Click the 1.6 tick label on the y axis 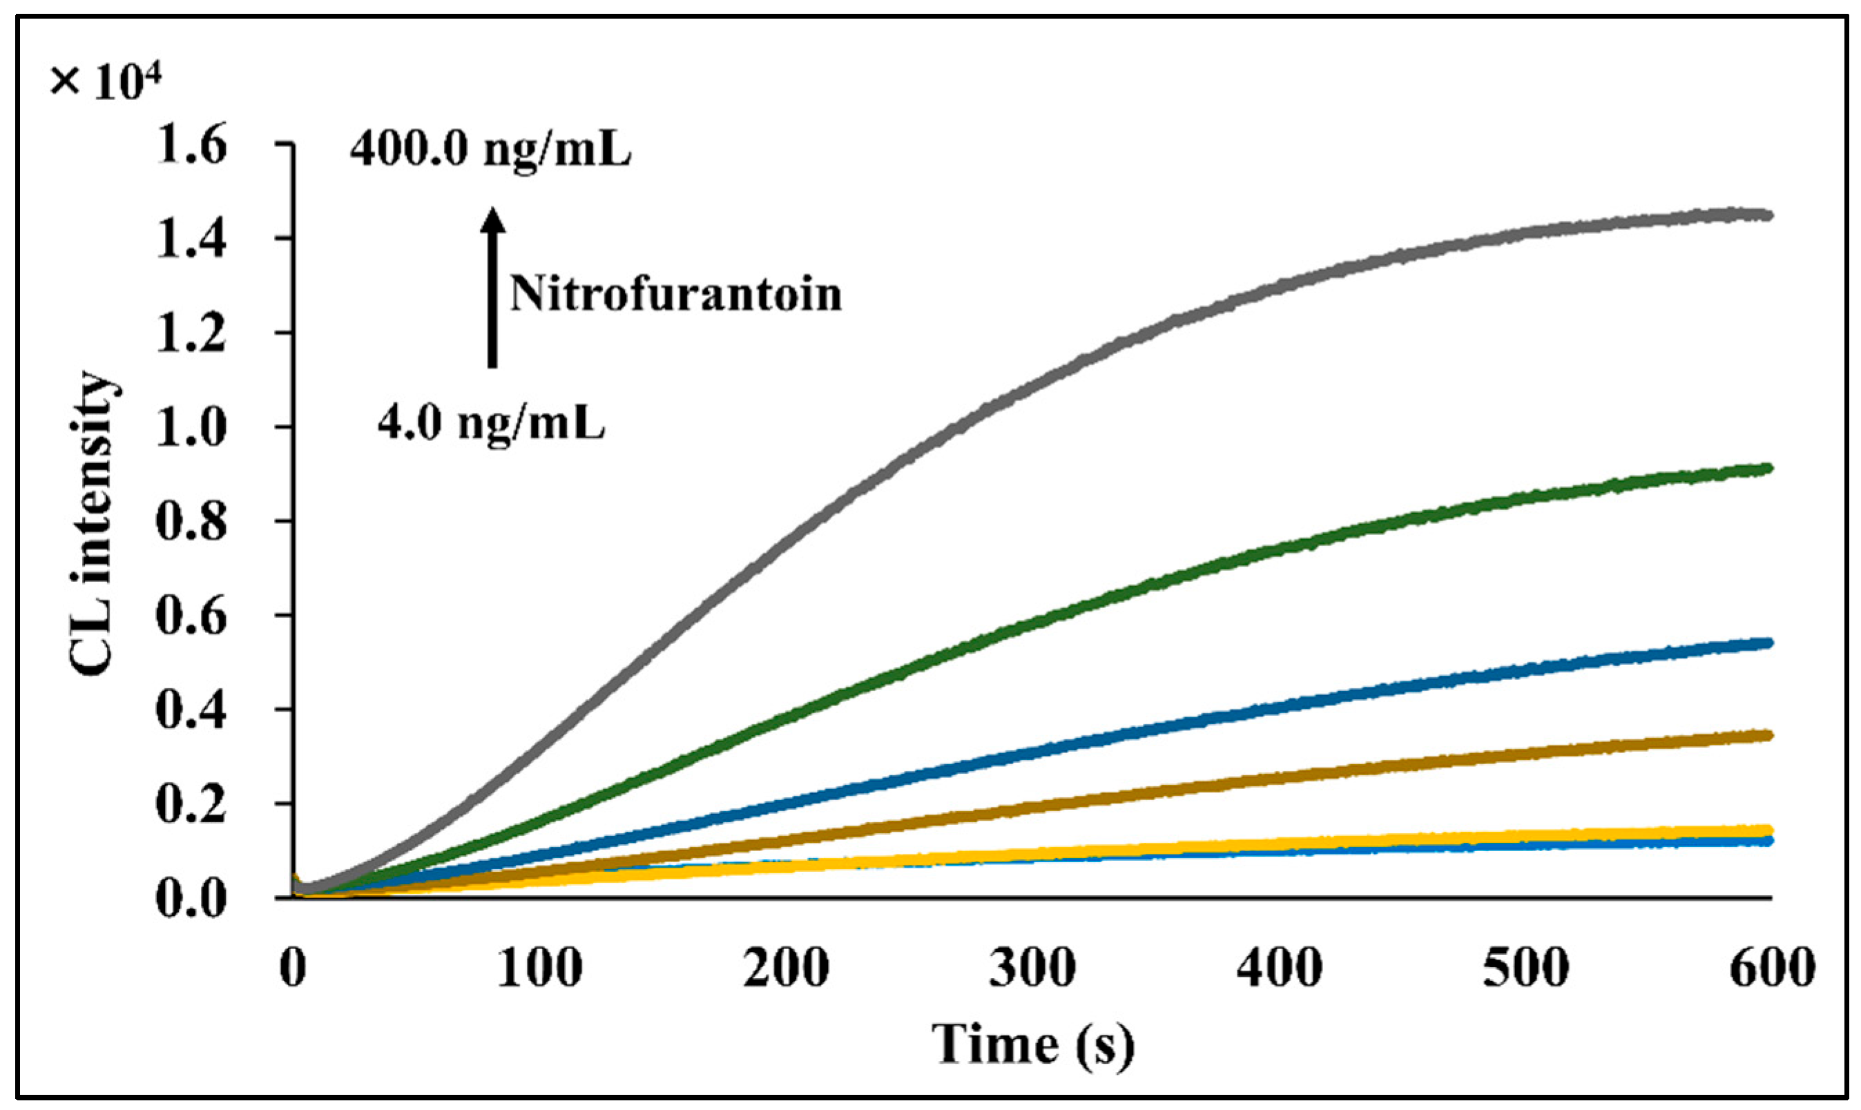coord(191,144)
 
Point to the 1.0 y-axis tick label coord(191,428)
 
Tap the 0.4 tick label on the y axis coord(191,710)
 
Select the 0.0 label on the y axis coord(191,898)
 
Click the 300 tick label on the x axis coord(1032,967)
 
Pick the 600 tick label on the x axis coord(1772,967)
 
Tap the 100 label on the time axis coord(539,967)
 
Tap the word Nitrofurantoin coord(675,293)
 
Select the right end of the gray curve coord(1767,215)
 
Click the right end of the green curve coord(1767,469)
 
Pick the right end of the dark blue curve coord(1767,643)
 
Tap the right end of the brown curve coord(1767,735)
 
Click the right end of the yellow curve coord(1767,830)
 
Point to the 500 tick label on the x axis coord(1526,967)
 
